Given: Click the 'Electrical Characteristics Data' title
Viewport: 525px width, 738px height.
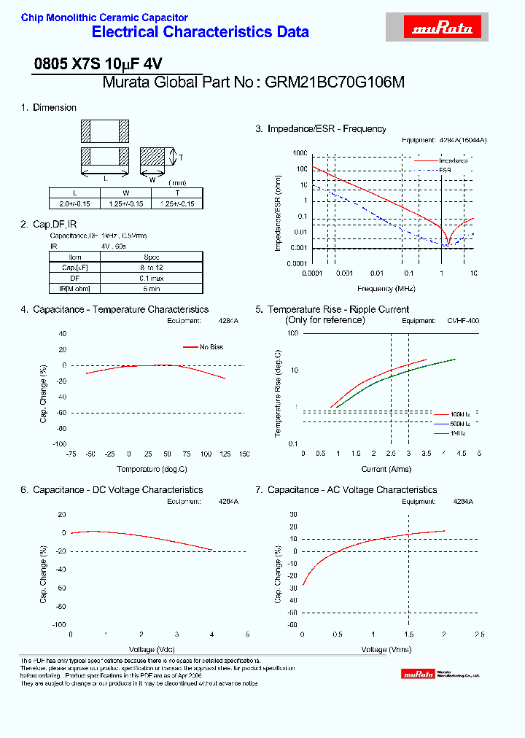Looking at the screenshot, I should click(200, 32).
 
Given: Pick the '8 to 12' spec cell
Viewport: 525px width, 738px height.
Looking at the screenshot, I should click(152, 268).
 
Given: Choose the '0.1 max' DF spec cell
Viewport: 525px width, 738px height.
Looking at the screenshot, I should click(152, 278).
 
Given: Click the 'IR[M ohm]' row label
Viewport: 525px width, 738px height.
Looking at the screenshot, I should click(76, 289).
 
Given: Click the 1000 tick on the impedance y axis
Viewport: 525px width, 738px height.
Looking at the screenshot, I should click(300, 154).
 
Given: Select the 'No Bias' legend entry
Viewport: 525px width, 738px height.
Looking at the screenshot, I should click(211, 347).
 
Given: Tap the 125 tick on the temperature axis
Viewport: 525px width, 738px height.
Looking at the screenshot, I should click(225, 454).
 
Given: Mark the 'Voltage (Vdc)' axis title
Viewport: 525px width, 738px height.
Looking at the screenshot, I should click(152, 649).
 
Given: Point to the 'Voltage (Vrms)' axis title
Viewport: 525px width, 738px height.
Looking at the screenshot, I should click(386, 649).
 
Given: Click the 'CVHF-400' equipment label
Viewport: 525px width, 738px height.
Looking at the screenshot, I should click(463, 320).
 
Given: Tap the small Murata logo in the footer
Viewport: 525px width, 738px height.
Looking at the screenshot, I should click(419, 675).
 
